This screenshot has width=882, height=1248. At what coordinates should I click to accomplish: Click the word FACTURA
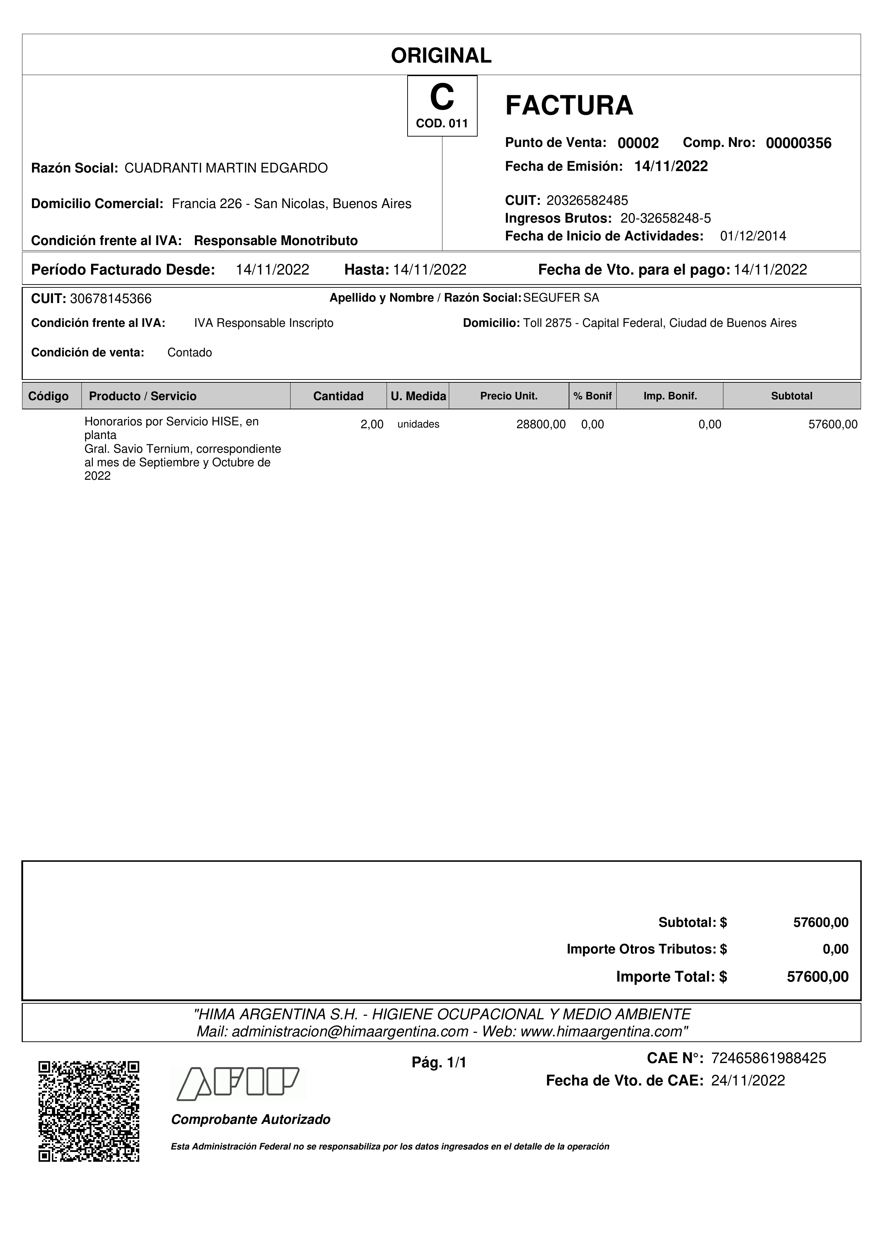point(569,105)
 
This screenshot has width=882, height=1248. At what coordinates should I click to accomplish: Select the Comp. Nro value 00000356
point(798,143)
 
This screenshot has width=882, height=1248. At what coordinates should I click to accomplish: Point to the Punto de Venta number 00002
point(638,143)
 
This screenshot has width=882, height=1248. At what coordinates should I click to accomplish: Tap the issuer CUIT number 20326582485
point(587,201)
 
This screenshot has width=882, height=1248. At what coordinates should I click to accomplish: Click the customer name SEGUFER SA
point(561,298)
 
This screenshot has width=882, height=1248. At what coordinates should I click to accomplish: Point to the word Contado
point(190,353)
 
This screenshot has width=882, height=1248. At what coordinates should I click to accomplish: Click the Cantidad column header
point(338,396)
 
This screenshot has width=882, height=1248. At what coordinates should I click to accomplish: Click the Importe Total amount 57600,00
point(817,977)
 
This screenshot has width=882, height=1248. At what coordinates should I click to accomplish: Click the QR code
point(89,1111)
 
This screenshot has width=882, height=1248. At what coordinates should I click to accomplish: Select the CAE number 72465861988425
point(769,1058)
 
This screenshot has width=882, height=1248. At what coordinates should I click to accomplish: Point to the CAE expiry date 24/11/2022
point(748,1080)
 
